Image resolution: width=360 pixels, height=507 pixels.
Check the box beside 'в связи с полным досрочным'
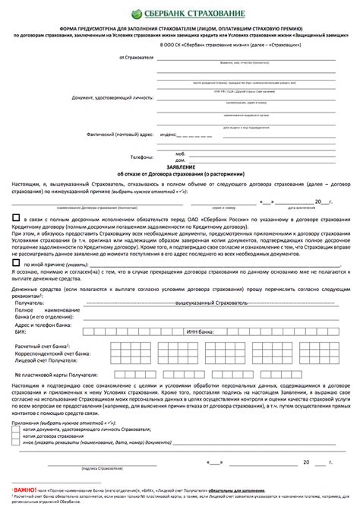coord(16,217)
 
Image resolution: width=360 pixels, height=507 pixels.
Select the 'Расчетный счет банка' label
coord(41,347)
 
